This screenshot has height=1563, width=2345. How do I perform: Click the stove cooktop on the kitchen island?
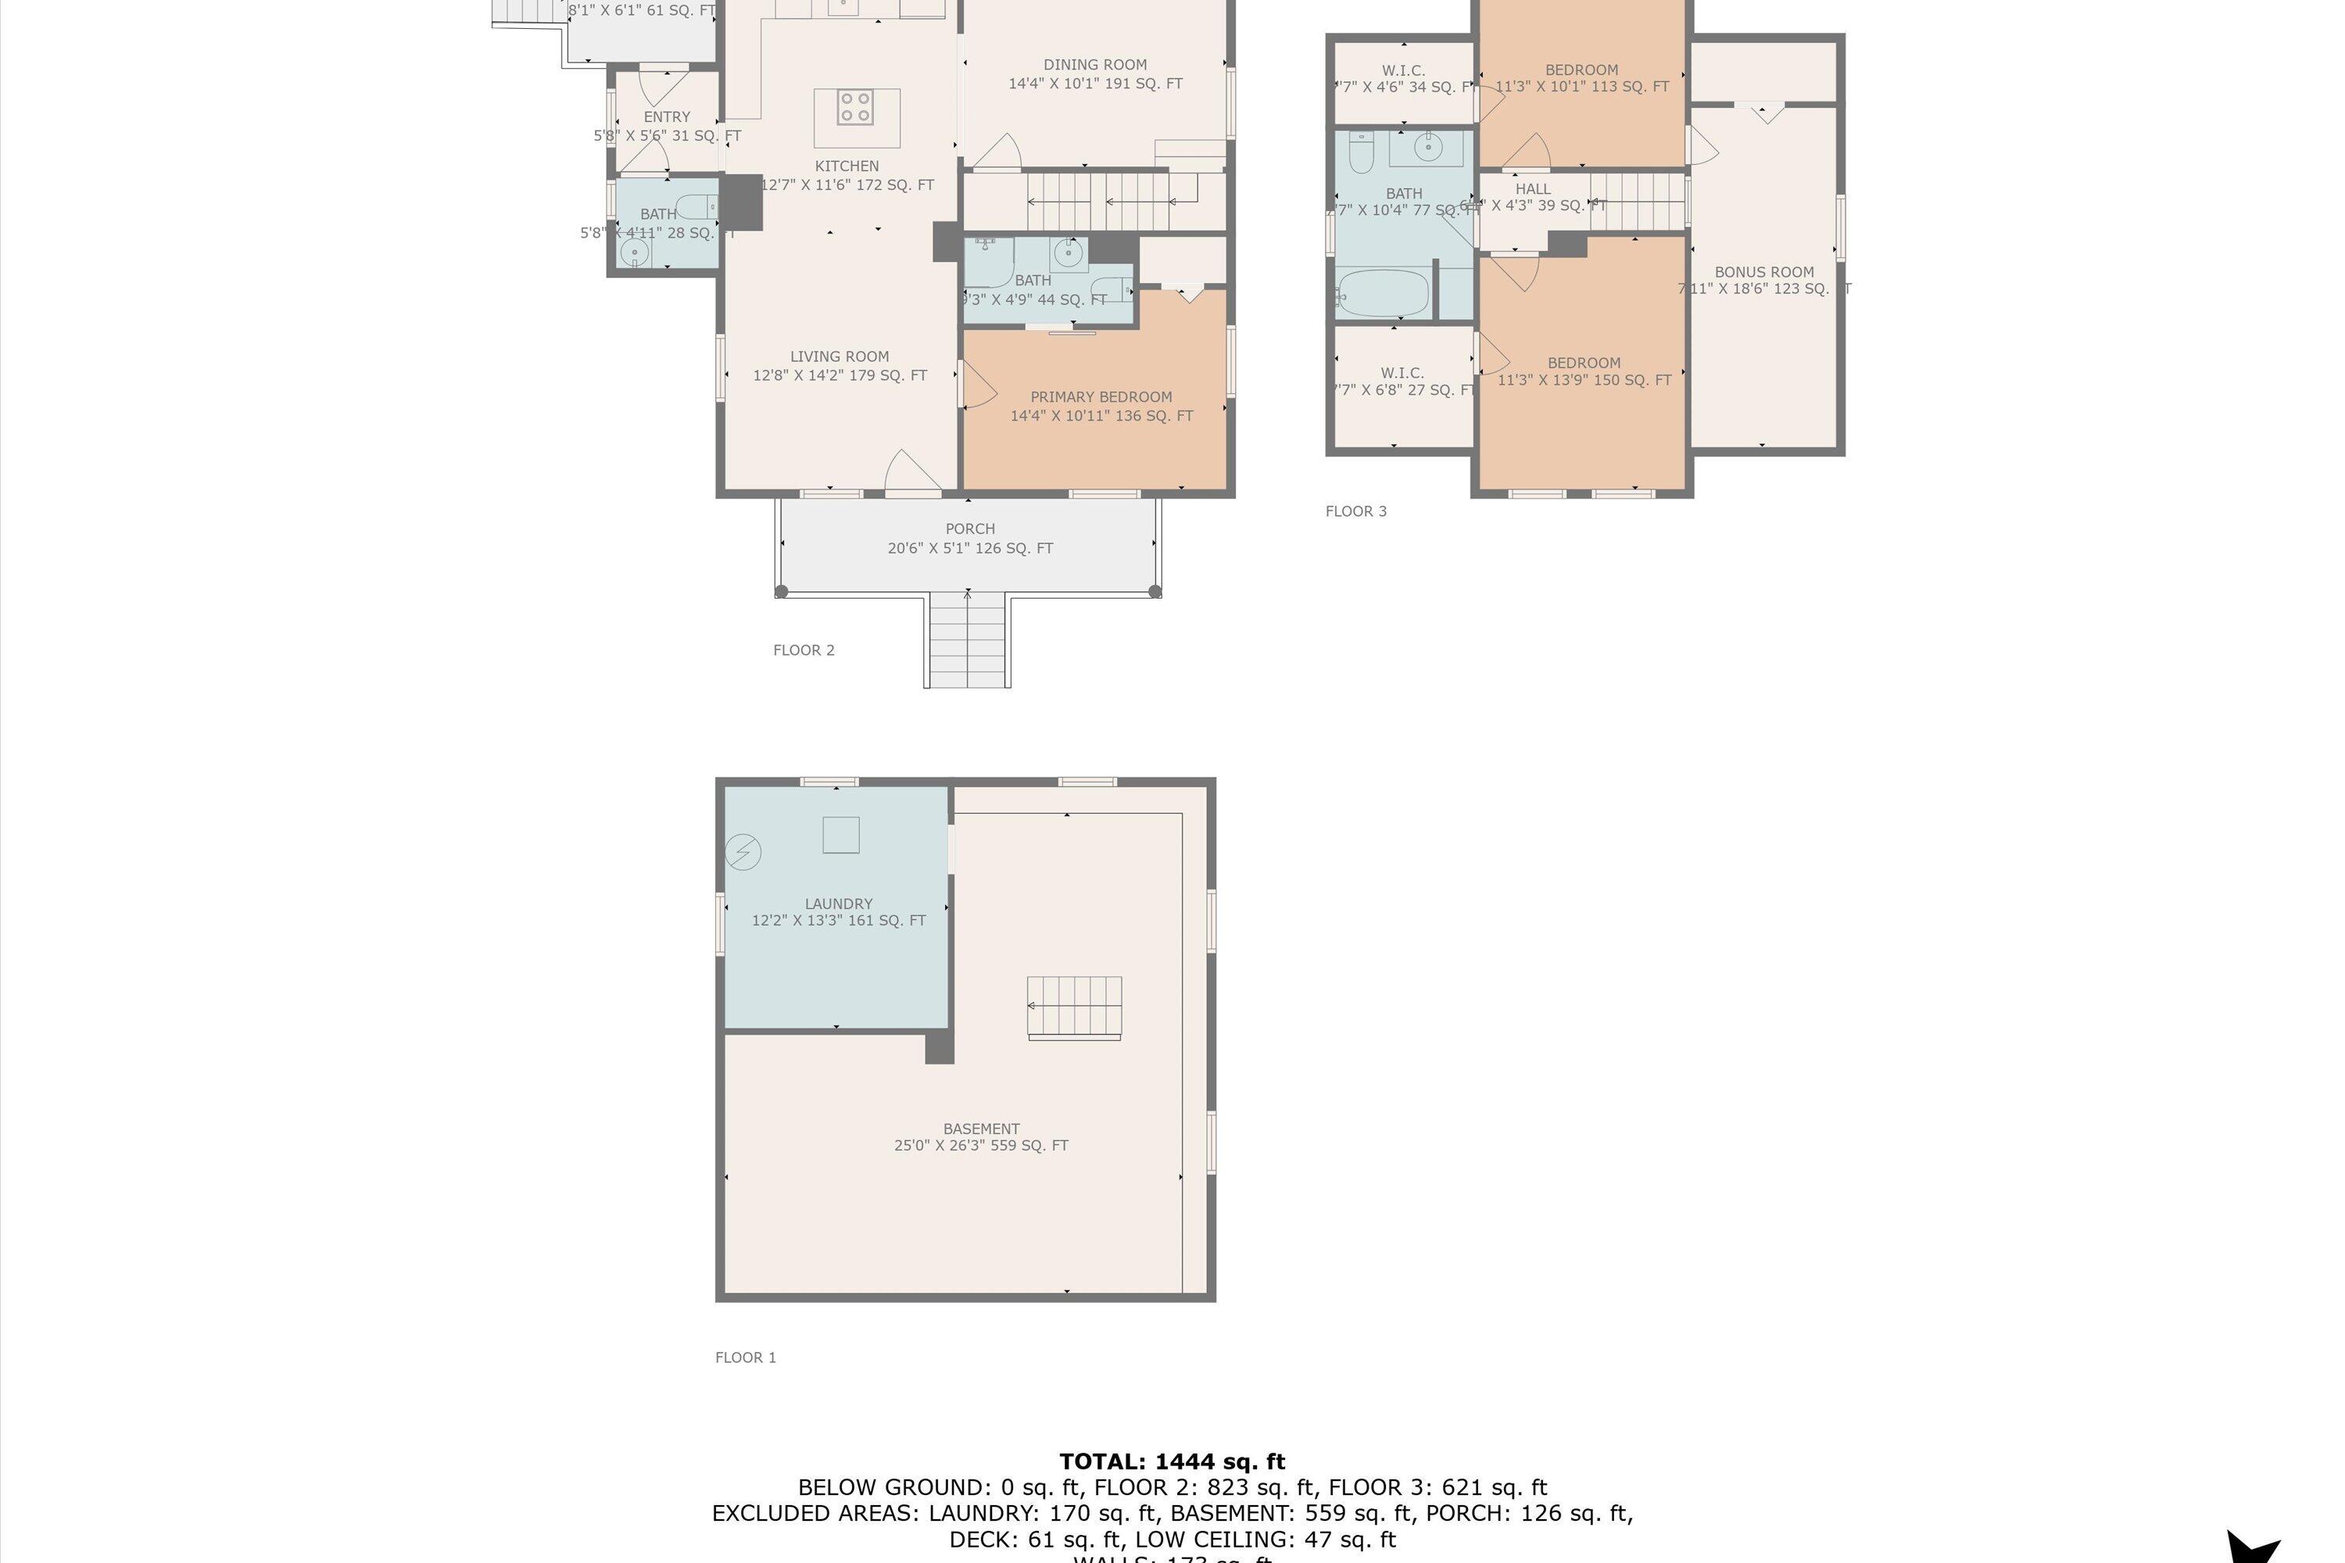pyautogui.click(x=854, y=106)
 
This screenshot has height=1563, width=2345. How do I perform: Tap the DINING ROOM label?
pyautogui.click(x=1095, y=65)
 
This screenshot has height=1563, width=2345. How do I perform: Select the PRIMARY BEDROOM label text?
pyautogui.click(x=1101, y=397)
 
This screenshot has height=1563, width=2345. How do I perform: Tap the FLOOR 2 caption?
pyautogui.click(x=804, y=650)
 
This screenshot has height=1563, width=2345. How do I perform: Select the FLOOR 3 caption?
pyautogui.click(x=1355, y=511)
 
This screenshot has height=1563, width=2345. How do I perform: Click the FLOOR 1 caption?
pyautogui.click(x=745, y=1357)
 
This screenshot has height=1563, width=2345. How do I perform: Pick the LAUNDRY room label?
pyautogui.click(x=839, y=904)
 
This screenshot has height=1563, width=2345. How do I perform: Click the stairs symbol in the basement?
pyautogui.click(x=1074, y=1007)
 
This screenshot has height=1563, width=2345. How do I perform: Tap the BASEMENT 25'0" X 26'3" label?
pyautogui.click(x=981, y=1137)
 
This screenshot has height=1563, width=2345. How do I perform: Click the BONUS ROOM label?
pyautogui.click(x=1763, y=272)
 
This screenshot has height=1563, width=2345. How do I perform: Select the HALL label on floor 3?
pyautogui.click(x=1532, y=189)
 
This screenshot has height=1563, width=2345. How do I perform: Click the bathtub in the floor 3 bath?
pyautogui.click(x=1383, y=293)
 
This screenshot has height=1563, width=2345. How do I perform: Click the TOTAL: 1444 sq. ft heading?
pyautogui.click(x=1172, y=1461)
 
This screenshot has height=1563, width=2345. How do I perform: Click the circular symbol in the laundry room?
pyautogui.click(x=743, y=853)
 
